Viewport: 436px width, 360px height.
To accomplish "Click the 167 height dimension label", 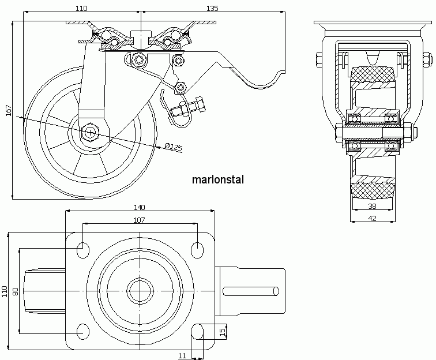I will pos(7,110).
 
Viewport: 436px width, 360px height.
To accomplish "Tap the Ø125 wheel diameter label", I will pos(173,147).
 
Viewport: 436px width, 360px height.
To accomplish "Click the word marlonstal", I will pos(217,179).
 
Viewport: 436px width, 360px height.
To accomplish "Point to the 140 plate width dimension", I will pos(139,207).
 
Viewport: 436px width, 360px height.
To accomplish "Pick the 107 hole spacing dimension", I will pos(139,220).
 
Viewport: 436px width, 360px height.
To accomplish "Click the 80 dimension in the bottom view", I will pos(16,291).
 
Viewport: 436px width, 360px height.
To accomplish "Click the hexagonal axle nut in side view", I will pos(91,132).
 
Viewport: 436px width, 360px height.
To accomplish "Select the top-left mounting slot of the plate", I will pos(82,249).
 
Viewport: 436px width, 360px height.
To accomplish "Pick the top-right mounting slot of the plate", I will pos(197,249).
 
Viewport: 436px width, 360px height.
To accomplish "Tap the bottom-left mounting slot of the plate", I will pos(82,332).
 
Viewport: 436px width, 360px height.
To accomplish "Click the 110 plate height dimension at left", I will pos(5,291).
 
